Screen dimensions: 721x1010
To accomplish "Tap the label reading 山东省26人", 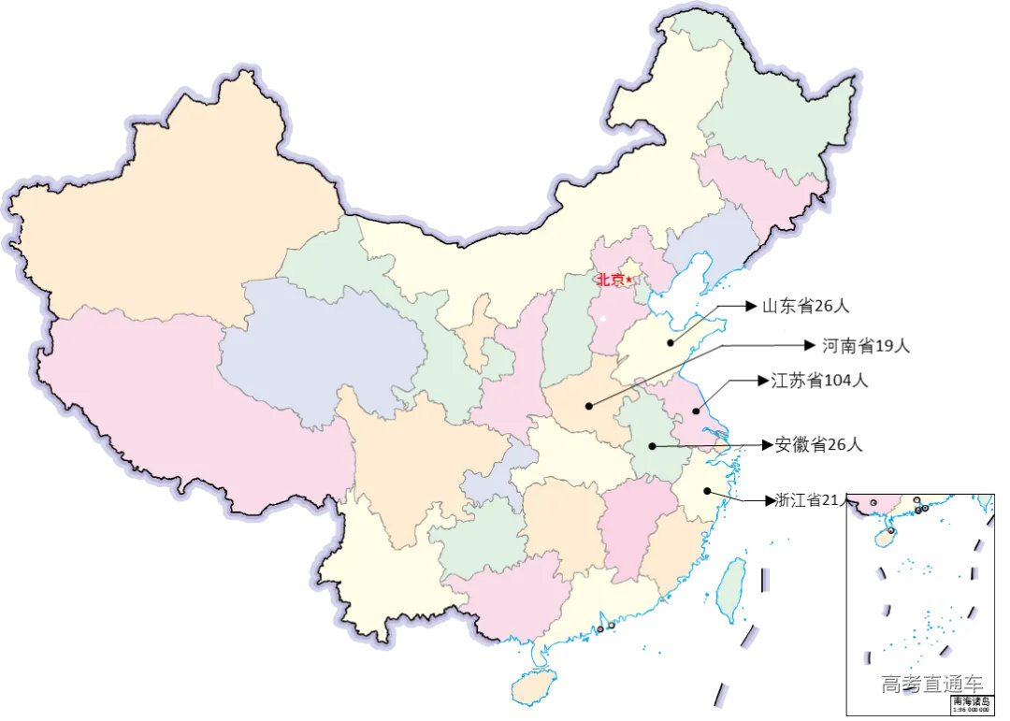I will point(805,306).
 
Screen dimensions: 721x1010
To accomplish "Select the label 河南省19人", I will point(865,346).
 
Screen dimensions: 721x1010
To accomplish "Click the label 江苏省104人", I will point(819,381).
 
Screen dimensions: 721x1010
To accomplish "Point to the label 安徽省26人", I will point(818,445).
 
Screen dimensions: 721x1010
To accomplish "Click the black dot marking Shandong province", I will point(671,342).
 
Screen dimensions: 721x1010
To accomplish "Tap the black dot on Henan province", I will point(588,406).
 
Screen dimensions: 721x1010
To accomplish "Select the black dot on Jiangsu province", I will point(696,411).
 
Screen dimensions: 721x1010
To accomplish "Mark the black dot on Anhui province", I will point(652,447).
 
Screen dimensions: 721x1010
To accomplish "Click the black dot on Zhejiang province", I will point(708,492).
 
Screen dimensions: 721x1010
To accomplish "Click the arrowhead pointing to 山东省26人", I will point(750,306).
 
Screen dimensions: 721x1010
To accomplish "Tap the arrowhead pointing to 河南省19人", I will point(810,346).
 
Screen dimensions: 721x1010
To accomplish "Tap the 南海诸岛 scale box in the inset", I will point(970,703).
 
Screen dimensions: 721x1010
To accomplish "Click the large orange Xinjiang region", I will point(178,215).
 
